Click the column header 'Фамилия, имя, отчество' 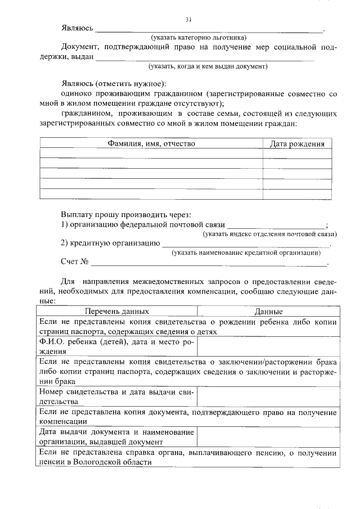pos(151,144)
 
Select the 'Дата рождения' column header pos(297,144)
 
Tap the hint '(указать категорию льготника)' pos(193,37)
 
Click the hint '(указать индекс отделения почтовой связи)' pos(269,233)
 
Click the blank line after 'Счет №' pos(209,264)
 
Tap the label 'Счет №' pos(75,262)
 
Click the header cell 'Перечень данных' pos(117,311)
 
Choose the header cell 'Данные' pos(268,311)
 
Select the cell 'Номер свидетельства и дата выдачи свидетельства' pos(116,397)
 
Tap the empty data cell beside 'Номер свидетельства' pos(267,397)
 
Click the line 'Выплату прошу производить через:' pos(125,214)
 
